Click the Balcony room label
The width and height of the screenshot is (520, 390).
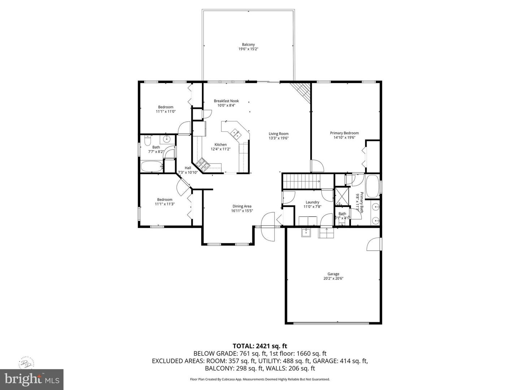pos(248,44)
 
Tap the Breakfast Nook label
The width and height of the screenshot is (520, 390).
pos(226,101)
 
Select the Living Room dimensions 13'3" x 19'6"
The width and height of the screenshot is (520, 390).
pos(278,138)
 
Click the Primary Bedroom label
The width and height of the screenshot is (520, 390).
pos(344,133)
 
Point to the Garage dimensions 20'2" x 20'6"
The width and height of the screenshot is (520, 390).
pos(333,278)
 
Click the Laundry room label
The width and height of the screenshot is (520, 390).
pos(312,202)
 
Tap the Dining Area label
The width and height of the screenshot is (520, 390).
pos(242,206)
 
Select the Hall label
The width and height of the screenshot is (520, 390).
pos(188,168)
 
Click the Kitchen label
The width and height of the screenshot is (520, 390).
pos(221,144)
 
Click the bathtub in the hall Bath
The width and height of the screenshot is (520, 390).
pos(152,167)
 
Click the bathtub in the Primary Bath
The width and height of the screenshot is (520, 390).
pos(372,186)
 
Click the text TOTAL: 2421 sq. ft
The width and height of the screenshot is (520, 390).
pos(260,346)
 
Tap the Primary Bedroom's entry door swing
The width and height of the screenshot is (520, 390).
pos(317,166)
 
